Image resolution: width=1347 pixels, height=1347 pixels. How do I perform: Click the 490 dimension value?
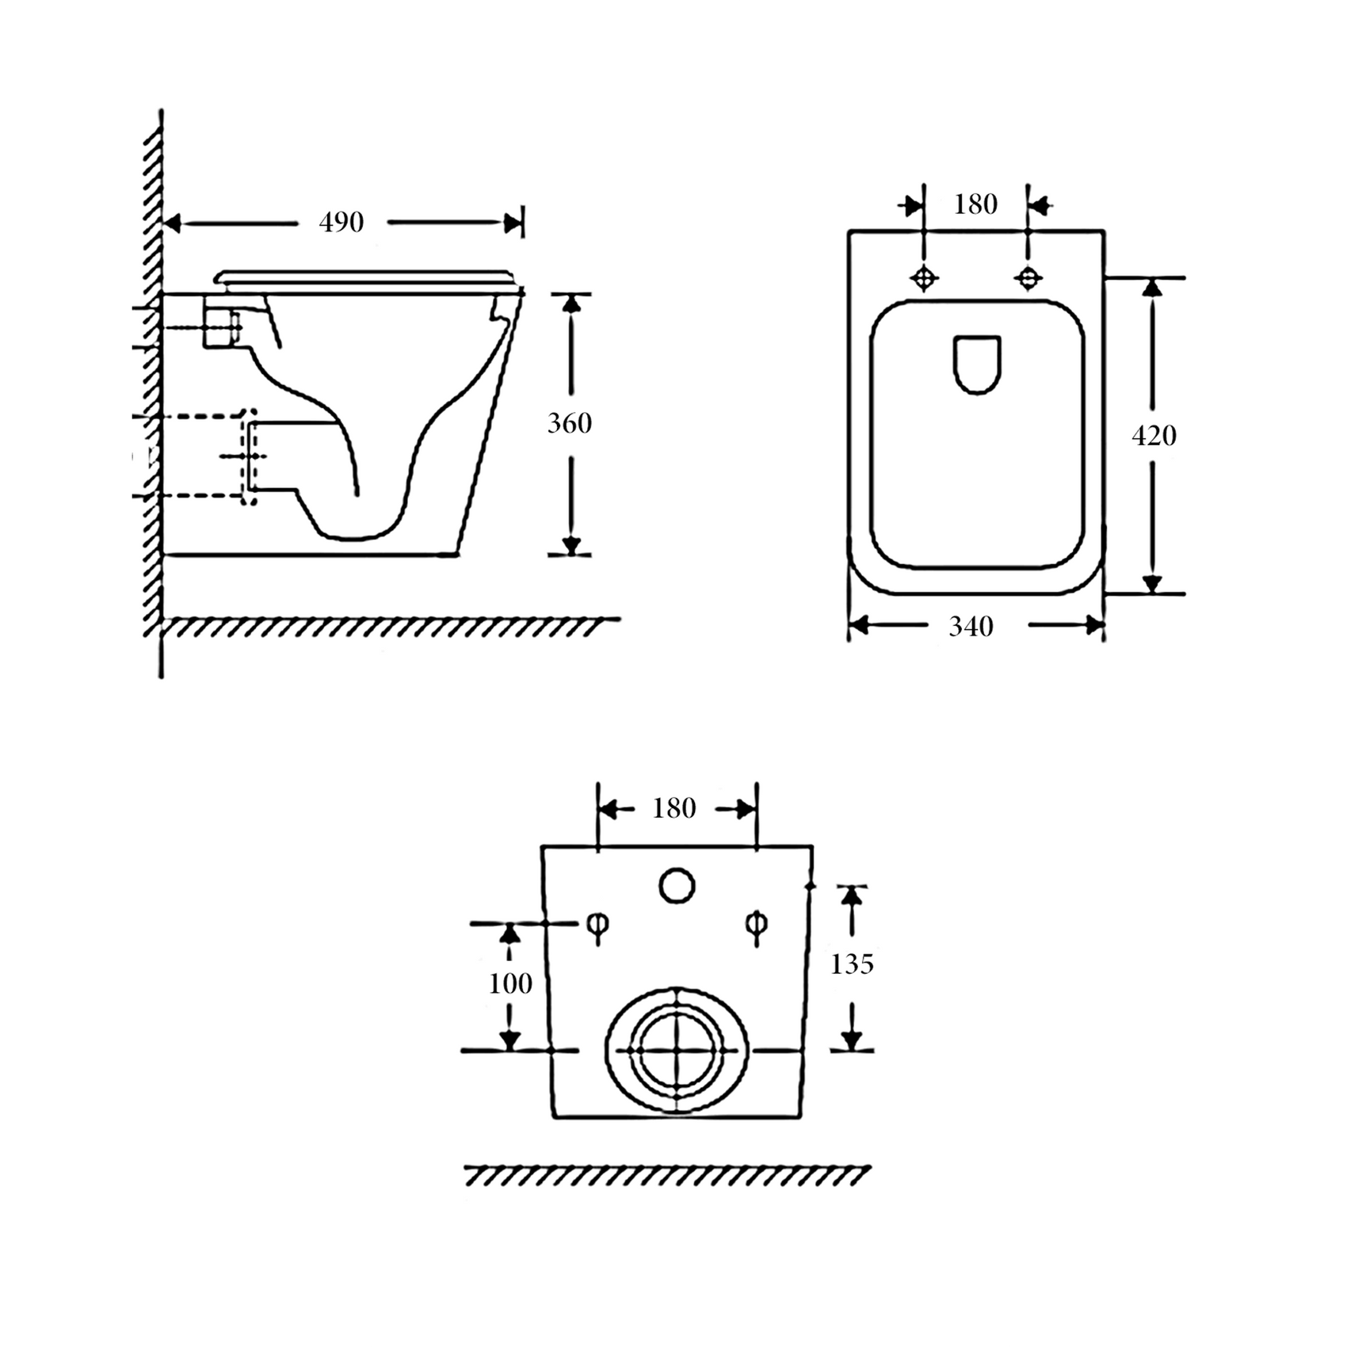(x=342, y=223)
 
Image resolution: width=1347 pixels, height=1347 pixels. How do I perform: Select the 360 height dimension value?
(x=570, y=423)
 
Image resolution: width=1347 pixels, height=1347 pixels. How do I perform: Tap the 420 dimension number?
(x=1154, y=435)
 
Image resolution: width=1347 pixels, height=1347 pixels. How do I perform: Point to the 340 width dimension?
(x=971, y=627)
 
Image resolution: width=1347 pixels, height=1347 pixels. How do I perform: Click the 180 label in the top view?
(x=975, y=204)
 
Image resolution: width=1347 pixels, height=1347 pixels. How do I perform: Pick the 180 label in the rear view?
(x=674, y=808)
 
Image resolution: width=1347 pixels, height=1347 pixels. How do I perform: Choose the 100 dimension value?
(x=510, y=983)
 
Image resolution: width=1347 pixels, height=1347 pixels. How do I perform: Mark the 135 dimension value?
(x=852, y=964)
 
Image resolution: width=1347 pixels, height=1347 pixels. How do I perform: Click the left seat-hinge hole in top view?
(x=924, y=278)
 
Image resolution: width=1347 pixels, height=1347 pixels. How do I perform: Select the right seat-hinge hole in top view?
(x=1028, y=278)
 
